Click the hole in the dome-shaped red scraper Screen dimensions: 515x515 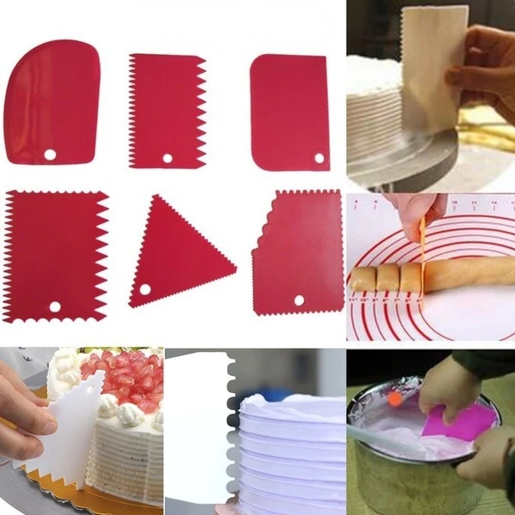50,154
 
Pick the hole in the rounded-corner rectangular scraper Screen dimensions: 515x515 319,158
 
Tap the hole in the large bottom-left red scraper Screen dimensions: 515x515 55,306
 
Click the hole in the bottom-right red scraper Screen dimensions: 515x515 299,300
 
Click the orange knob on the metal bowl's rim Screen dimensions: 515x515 394,397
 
